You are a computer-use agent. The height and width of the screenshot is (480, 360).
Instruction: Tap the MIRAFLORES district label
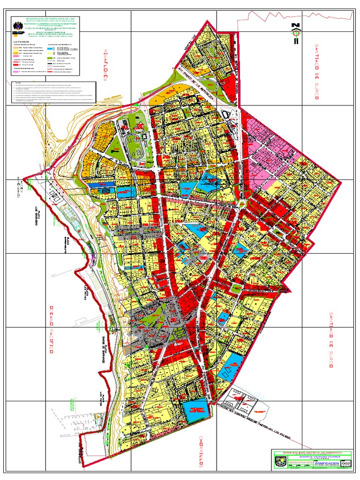tap(105, 63)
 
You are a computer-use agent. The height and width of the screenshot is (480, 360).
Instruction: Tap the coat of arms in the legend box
tap(17, 26)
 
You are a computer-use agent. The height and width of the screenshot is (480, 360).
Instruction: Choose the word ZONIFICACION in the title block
tap(326, 462)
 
